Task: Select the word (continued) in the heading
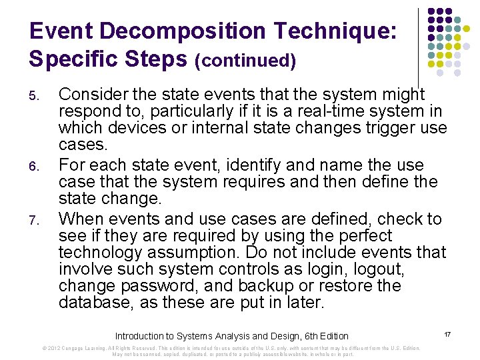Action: (245, 61)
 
